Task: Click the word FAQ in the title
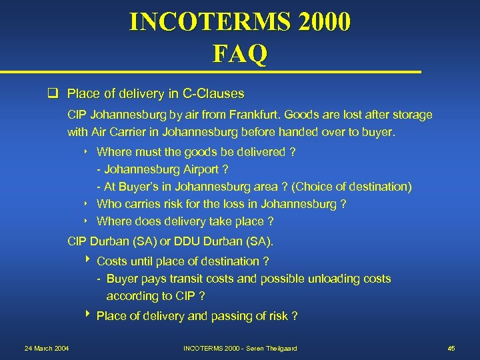point(239,53)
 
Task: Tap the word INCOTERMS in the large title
point(204,21)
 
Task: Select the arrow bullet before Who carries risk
point(87,203)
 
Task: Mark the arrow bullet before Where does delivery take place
point(87,221)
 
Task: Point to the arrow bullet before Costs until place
point(87,261)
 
